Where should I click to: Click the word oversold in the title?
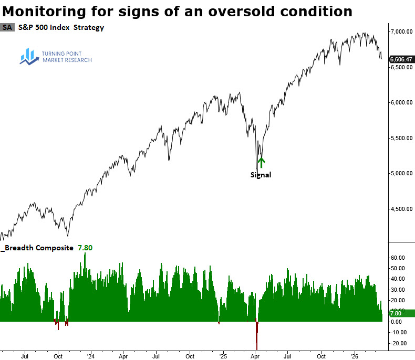(x=234, y=10)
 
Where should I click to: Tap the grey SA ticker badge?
(x=7, y=28)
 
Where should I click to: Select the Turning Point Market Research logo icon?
(x=27, y=56)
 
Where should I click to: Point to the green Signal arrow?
(x=261, y=162)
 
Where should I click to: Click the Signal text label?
(x=261, y=175)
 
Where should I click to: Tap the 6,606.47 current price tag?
(x=401, y=60)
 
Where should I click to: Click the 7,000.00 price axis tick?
(x=401, y=32)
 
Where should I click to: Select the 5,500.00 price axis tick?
(x=401, y=138)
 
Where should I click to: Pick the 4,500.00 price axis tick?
(x=401, y=209)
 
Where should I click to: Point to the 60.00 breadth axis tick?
(x=398, y=258)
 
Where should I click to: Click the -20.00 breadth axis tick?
(x=397, y=343)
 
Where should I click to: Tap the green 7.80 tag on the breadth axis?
(x=401, y=313)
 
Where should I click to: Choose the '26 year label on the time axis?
(x=355, y=354)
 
